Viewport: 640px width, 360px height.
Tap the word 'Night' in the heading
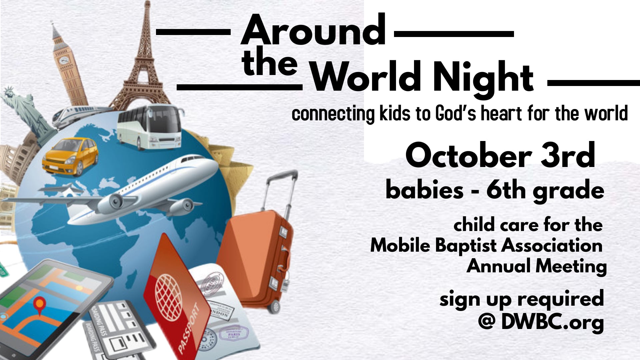click(483, 77)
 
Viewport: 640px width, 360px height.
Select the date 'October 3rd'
click(500, 155)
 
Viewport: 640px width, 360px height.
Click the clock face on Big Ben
click(64, 60)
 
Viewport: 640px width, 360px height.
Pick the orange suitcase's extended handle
click(280, 193)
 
